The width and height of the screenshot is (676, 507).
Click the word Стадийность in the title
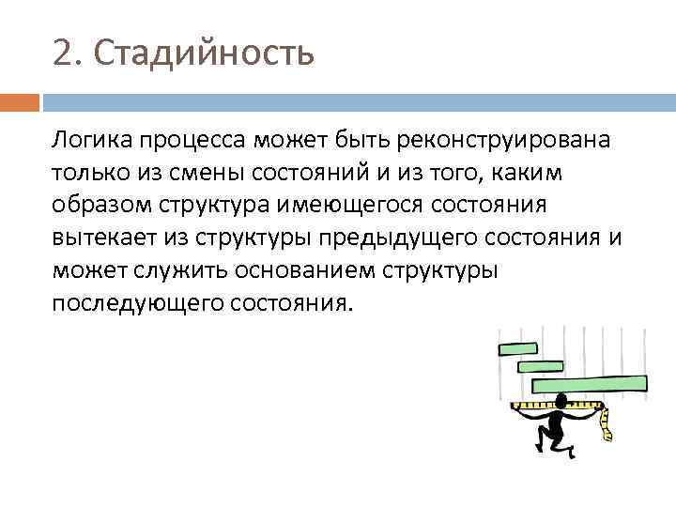click(x=205, y=54)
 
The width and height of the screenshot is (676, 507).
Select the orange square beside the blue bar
click(x=20, y=101)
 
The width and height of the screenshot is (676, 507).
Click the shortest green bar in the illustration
click(x=516, y=349)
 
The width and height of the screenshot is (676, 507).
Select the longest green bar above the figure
click(x=590, y=383)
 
